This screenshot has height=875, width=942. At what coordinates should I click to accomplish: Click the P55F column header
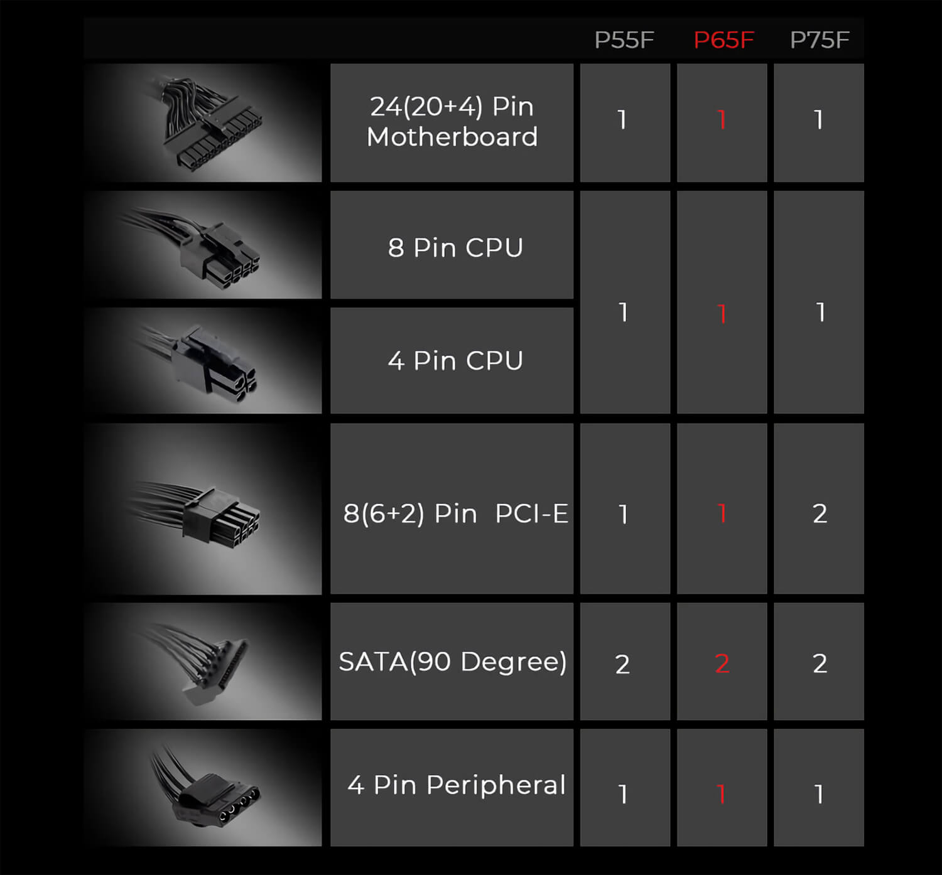624,40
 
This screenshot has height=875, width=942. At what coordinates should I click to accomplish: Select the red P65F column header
723,40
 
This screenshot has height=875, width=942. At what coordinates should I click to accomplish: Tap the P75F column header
820,40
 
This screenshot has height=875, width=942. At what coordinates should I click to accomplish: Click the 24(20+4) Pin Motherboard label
452,121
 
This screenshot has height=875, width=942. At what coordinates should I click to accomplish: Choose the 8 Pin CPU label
455,247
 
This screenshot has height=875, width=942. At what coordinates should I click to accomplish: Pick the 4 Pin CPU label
455,360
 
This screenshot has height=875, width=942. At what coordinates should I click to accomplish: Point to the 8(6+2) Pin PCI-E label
455,513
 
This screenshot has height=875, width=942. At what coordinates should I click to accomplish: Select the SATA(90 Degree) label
453,662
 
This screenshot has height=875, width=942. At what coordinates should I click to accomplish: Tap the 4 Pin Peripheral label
457,785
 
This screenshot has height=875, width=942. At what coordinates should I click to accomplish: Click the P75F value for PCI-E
820,513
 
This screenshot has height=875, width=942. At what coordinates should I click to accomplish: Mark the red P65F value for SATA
722,663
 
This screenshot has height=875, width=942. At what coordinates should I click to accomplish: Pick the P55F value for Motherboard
622,119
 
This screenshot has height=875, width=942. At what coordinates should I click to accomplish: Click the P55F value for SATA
622,664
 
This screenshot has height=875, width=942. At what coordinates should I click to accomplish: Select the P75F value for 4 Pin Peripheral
819,794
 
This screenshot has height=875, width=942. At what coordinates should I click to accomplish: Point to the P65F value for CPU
722,313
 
